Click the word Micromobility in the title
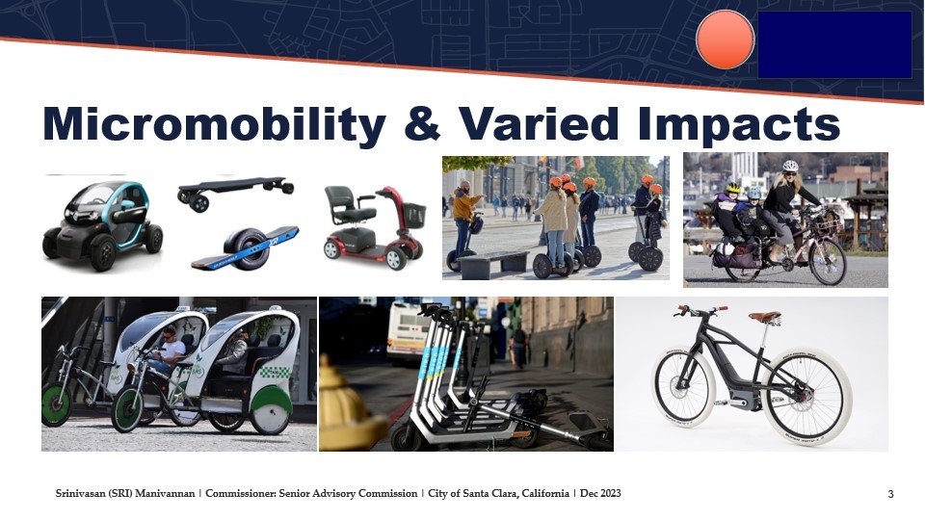[214, 124]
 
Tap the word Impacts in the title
[739, 125]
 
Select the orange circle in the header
[725, 40]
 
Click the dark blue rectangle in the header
[834, 45]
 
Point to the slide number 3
[890, 495]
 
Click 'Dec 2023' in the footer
[600, 493]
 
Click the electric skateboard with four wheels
[235, 191]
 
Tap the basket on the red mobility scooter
[413, 215]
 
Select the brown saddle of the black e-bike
[764, 317]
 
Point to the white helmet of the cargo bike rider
[790, 166]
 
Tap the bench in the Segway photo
[493, 264]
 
